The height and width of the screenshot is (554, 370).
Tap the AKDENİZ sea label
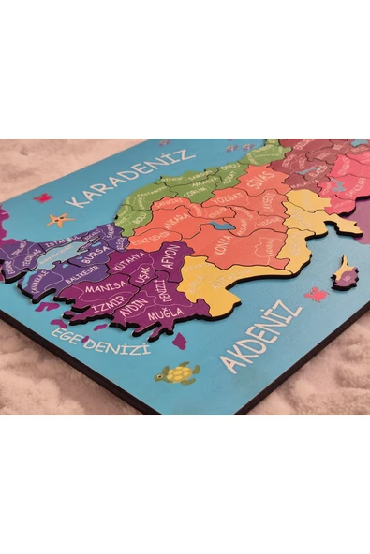tap(260, 337)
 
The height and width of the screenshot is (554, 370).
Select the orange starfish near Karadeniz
tap(59, 220)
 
